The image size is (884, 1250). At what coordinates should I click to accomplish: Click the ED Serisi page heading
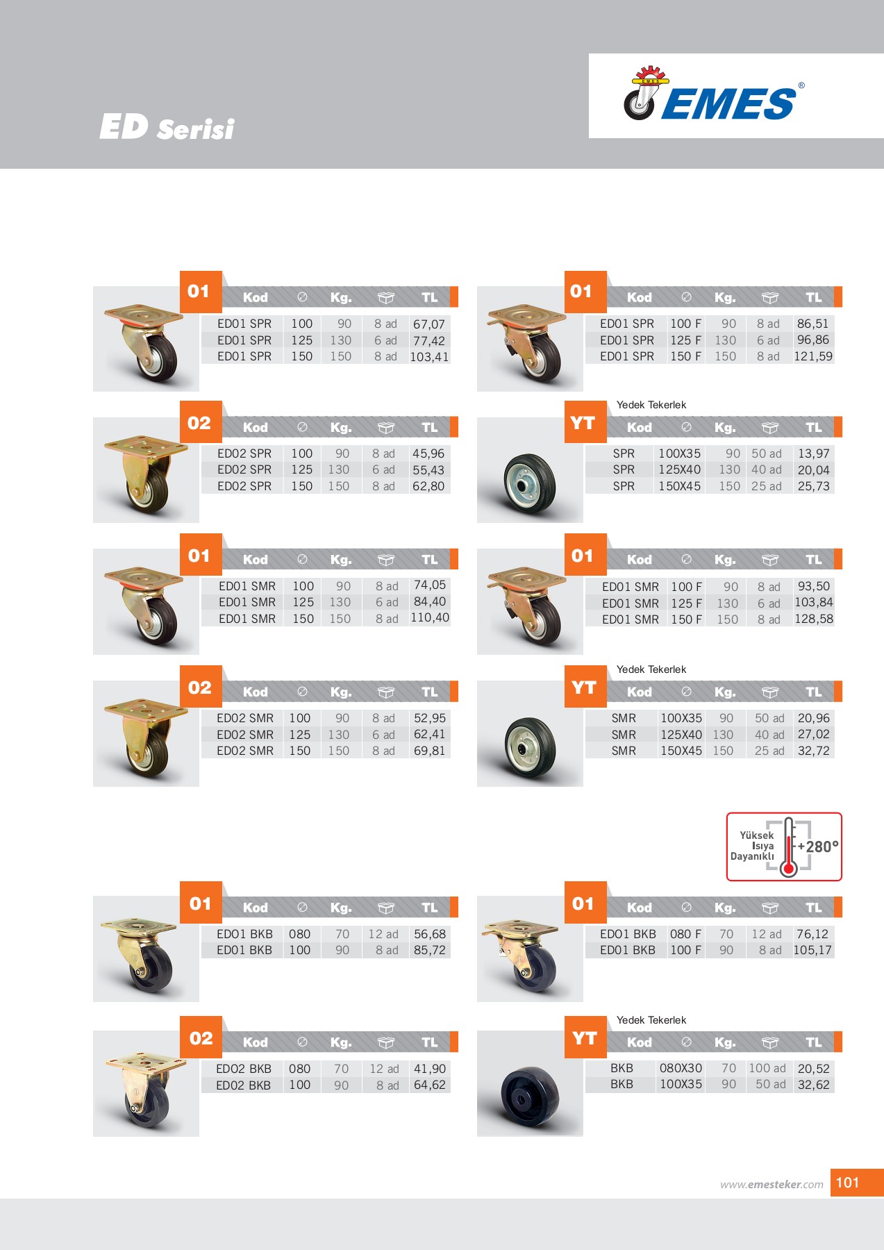tap(167, 128)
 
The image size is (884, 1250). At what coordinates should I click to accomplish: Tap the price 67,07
tap(428, 324)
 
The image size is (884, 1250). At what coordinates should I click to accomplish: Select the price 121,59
tap(812, 356)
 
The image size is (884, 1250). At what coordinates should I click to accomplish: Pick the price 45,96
tap(428, 453)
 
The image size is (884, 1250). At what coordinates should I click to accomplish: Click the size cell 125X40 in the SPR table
tap(679, 470)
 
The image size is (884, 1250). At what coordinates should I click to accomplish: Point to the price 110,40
tap(429, 618)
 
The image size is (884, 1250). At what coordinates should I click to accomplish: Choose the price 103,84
tap(813, 603)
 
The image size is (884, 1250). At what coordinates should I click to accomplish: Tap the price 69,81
tap(429, 751)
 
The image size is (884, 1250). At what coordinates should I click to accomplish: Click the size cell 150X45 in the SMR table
tap(681, 751)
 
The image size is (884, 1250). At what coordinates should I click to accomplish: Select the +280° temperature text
tap(818, 847)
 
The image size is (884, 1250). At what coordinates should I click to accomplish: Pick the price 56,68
tap(429, 934)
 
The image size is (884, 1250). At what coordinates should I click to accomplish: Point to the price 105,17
tap(812, 950)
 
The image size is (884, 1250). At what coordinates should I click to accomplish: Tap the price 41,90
tap(429, 1069)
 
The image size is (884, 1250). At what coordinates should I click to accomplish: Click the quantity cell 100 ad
tap(767, 1069)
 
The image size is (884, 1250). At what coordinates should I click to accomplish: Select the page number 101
tap(847, 1183)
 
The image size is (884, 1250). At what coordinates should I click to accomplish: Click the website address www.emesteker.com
tap(771, 1185)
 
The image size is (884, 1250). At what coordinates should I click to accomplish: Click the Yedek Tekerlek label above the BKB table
tap(651, 1020)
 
